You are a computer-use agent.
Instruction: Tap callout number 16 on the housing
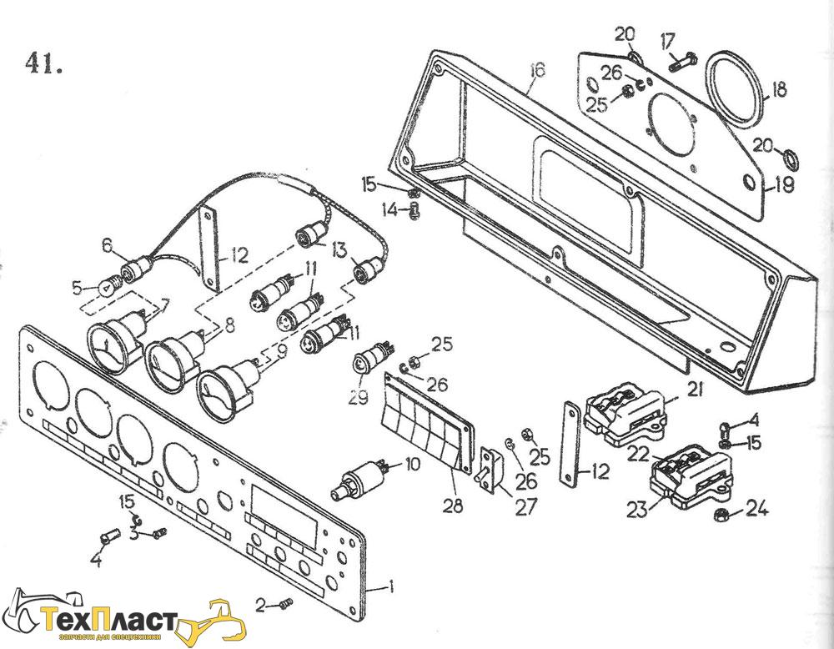[x=536, y=71]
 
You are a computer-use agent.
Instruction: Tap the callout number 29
[x=358, y=398]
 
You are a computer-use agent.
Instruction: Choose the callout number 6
[x=107, y=244]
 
